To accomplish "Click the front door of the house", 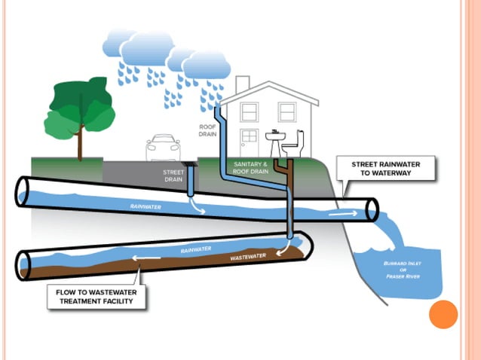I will pos(249,142).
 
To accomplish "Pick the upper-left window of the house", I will pos(249,112).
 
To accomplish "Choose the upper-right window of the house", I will pos(286,112).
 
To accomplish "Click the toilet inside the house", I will pos(296,145).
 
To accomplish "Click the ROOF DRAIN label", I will pos(207,129).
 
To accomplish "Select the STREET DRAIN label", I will pos(173,176).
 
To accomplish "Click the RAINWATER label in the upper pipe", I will pos(146,205).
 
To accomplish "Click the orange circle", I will pos(443,314).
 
